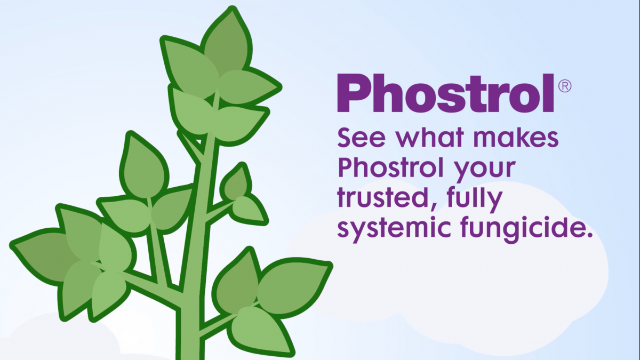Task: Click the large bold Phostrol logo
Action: [x=445, y=93]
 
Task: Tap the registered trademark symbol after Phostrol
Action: [x=565, y=86]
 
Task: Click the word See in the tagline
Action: [x=362, y=138]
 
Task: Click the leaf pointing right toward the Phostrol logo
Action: [x=249, y=86]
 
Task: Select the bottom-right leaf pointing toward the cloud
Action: [x=294, y=286]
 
